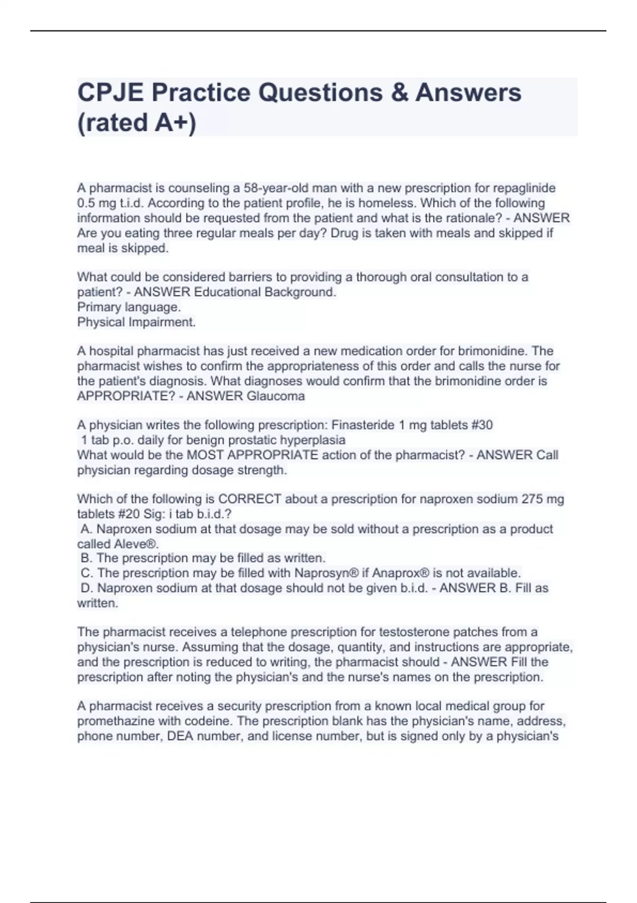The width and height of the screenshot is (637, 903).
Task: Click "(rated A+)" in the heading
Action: pos(136,123)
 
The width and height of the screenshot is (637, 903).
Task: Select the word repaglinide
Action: pos(524,188)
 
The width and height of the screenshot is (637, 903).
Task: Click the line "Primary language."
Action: pos(129,307)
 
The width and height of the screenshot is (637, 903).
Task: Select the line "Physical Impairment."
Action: pos(136,322)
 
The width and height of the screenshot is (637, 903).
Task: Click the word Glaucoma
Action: pos(276,396)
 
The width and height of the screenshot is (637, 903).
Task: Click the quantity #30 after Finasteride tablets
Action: pos(481,425)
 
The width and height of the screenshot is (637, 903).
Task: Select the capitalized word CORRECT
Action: pos(249,499)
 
